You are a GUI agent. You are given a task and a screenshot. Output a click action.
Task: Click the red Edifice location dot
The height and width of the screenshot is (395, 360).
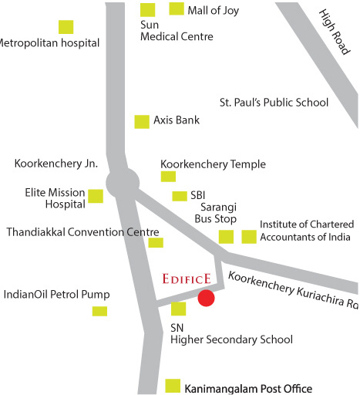tap(206, 298)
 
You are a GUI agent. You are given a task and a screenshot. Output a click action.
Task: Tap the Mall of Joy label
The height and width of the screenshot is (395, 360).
tap(213, 10)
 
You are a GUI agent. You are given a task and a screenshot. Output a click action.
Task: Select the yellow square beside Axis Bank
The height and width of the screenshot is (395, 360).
tap(142, 121)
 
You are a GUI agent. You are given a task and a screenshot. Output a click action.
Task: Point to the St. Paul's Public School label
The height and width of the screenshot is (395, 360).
tap(274, 103)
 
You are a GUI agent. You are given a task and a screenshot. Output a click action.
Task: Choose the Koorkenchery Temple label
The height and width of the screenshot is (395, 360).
tap(213, 164)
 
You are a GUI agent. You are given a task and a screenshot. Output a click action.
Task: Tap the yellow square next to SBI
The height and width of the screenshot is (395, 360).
tap(180, 196)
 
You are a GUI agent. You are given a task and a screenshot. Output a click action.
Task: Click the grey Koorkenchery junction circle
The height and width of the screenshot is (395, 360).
tap(122, 184)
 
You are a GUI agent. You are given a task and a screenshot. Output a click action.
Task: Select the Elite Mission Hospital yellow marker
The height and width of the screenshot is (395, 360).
tap(96, 196)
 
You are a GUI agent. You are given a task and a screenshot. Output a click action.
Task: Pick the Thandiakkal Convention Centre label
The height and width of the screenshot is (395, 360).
tap(82, 231)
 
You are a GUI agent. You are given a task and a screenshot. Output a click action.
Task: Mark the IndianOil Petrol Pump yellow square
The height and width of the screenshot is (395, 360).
tap(99, 311)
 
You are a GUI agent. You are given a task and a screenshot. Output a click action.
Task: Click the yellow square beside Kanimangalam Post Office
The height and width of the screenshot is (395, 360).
tap(173, 385)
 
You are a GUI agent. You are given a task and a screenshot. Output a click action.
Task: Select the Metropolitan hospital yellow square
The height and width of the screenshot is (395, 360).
tap(66, 26)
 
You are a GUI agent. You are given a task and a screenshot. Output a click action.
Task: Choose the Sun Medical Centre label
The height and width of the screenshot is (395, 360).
tap(177, 31)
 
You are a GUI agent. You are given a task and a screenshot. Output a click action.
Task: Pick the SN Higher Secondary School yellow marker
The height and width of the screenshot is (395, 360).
tap(178, 309)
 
